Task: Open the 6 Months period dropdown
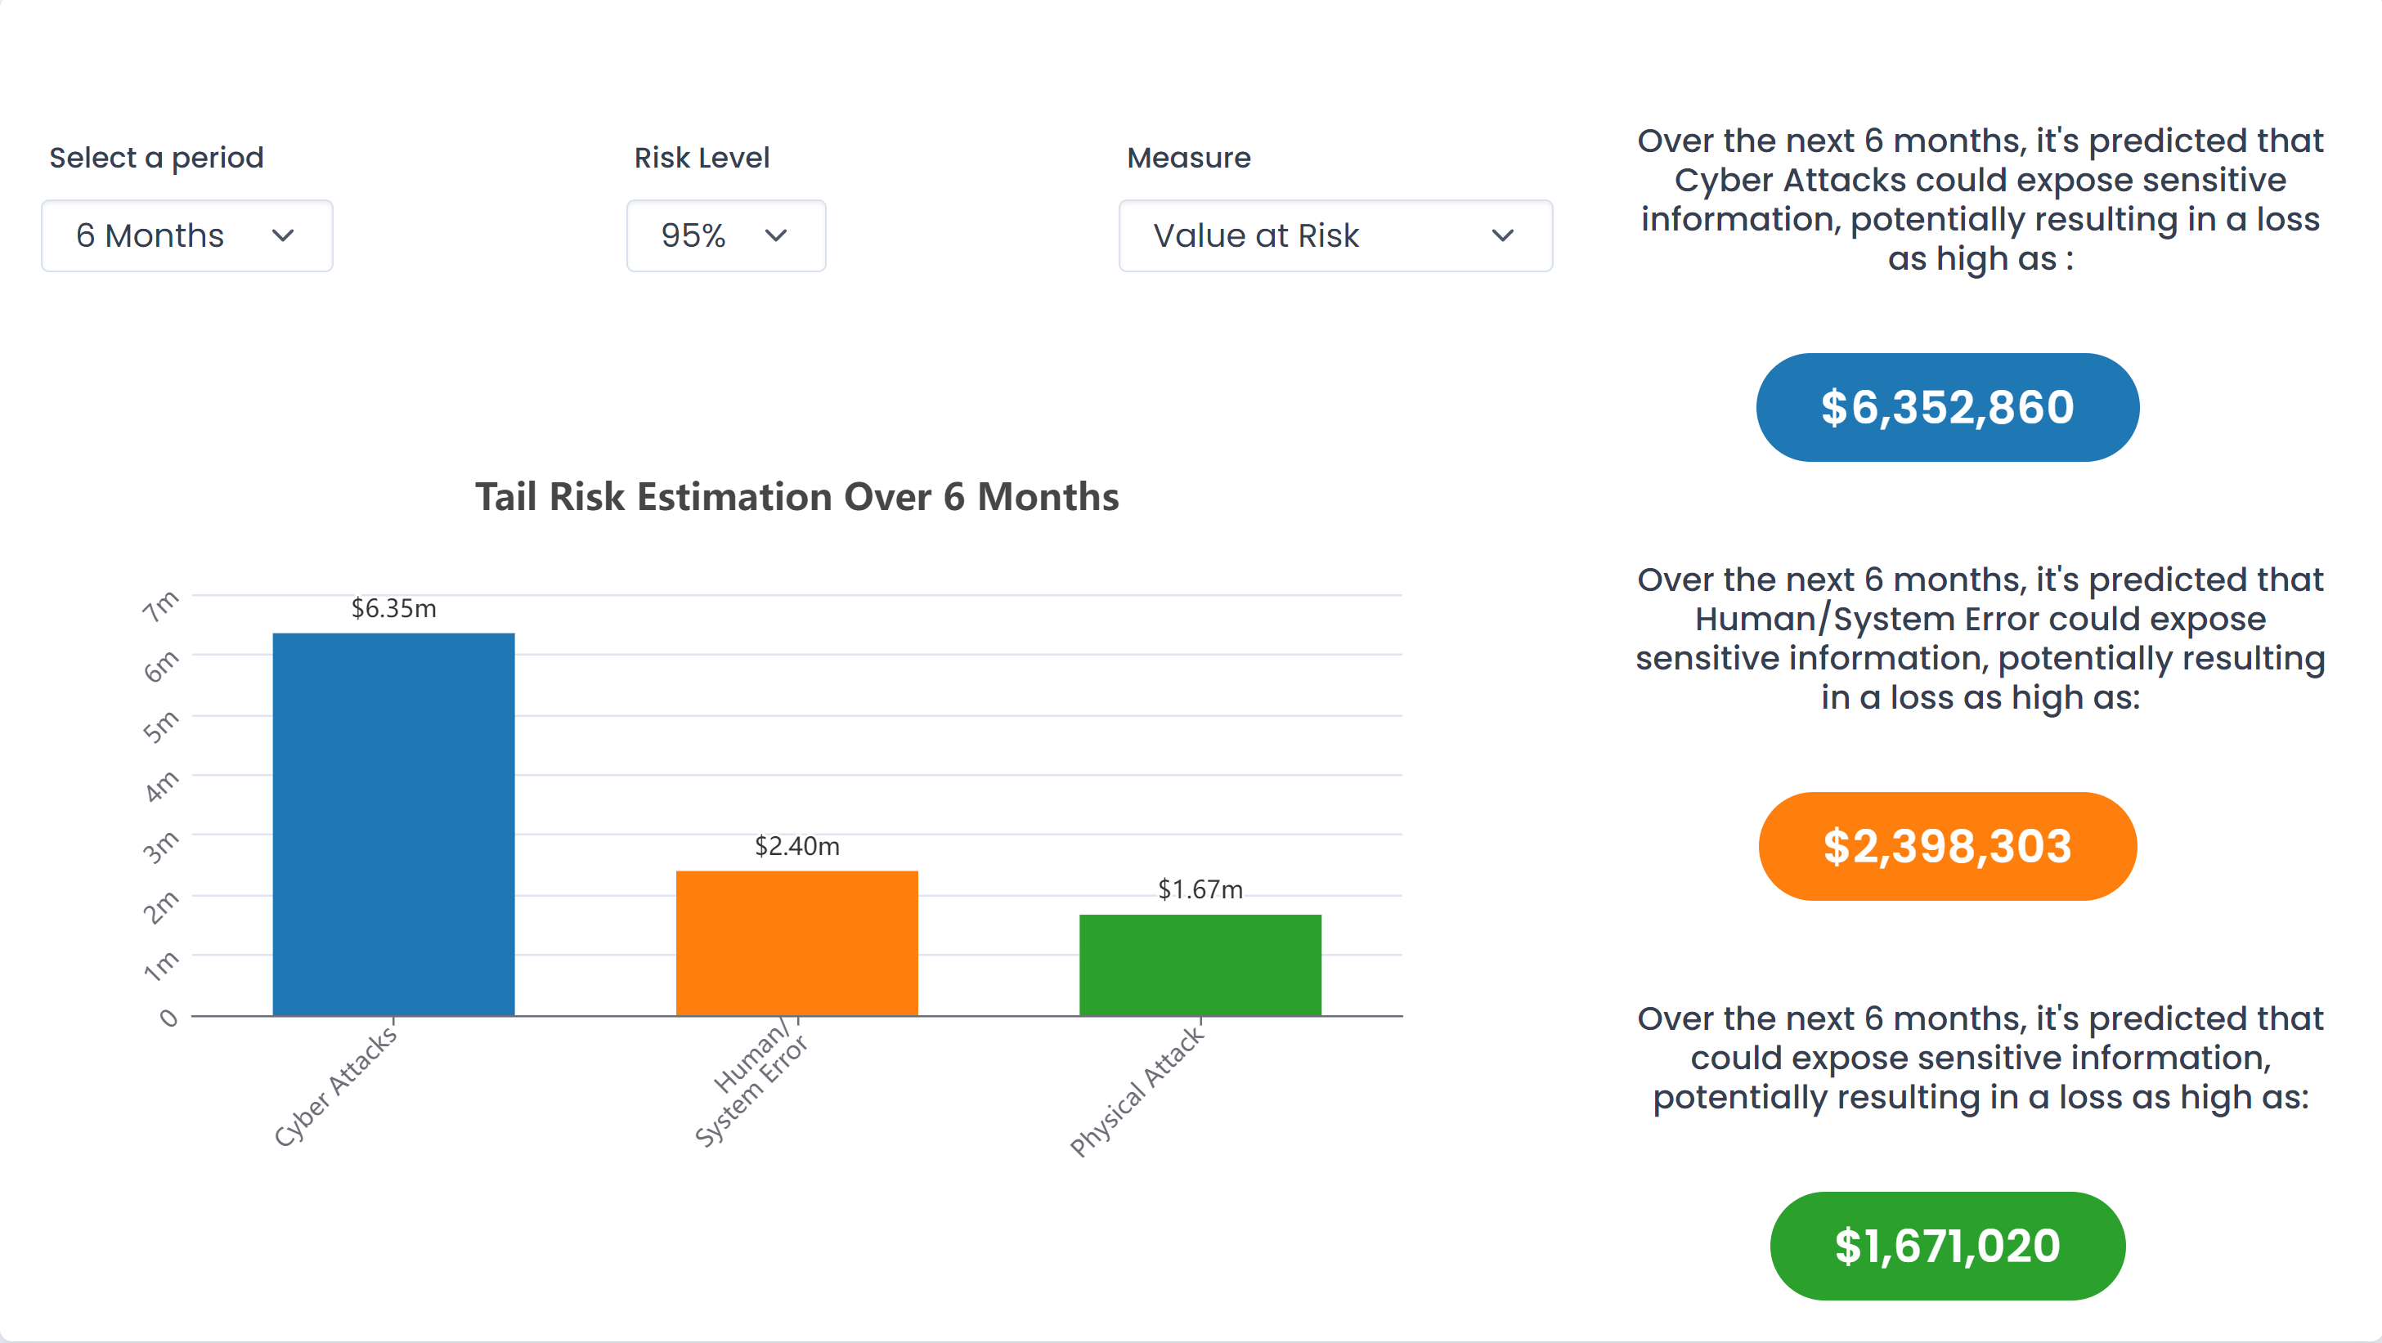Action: (186, 235)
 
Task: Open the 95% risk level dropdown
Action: (726, 235)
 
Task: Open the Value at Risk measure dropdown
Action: (1335, 235)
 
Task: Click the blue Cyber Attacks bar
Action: (394, 825)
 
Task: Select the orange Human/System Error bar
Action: (797, 942)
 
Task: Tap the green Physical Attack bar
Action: (1200, 965)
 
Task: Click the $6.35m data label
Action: (394, 608)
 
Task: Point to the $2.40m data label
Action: (797, 846)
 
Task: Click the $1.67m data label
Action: (1200, 889)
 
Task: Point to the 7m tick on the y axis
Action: (161, 607)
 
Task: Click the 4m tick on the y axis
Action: (161, 786)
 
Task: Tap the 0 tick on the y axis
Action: (168, 1018)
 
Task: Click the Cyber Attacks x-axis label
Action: (335, 1086)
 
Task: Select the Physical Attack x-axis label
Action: (1137, 1090)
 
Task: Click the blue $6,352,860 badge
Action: (1948, 408)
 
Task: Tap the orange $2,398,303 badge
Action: (1948, 847)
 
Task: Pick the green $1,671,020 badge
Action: (1948, 1246)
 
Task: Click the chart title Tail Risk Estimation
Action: (797, 496)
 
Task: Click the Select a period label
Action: (156, 158)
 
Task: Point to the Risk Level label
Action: (702, 158)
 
